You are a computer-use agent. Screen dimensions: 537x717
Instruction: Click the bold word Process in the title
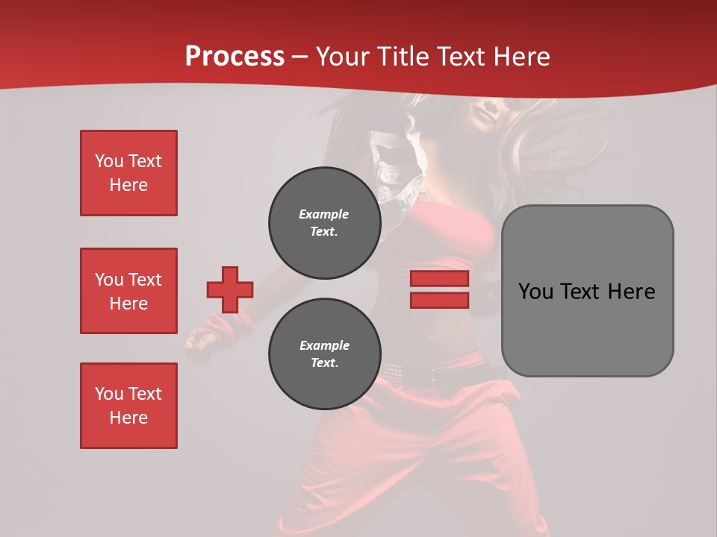pyautogui.click(x=235, y=56)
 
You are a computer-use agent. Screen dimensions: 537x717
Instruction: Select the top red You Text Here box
pyautogui.click(x=128, y=173)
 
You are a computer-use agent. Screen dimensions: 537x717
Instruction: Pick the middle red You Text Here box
pyautogui.click(x=128, y=291)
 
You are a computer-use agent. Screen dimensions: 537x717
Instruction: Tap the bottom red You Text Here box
pyautogui.click(x=128, y=406)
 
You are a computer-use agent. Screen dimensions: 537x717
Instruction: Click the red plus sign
pyautogui.click(x=230, y=289)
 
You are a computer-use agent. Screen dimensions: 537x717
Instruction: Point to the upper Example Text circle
pyautogui.click(x=324, y=222)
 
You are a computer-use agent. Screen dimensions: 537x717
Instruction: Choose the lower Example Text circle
pyautogui.click(x=324, y=354)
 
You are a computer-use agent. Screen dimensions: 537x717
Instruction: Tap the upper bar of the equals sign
pyautogui.click(x=439, y=279)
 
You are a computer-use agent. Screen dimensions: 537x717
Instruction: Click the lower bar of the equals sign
pyautogui.click(x=439, y=300)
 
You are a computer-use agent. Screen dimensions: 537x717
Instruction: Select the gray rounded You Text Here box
pyautogui.click(x=587, y=328)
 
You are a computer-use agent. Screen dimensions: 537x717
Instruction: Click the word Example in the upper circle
pyautogui.click(x=323, y=214)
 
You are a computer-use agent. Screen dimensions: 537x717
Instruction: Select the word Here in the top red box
pyautogui.click(x=128, y=185)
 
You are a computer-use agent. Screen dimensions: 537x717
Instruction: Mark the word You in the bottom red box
pyautogui.click(x=109, y=394)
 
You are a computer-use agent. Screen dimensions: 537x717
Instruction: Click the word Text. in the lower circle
pyautogui.click(x=323, y=363)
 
